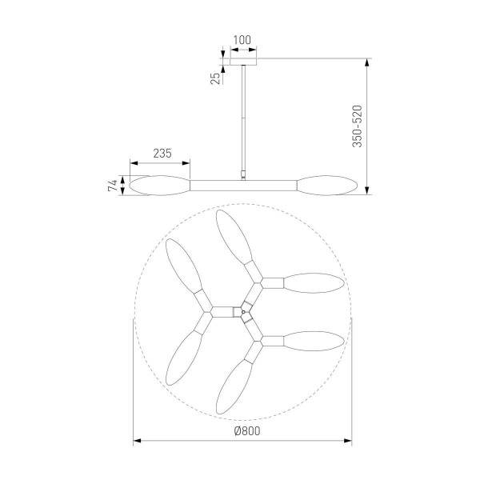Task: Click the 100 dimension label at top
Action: pyautogui.click(x=242, y=40)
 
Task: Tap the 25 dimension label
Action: pyautogui.click(x=215, y=78)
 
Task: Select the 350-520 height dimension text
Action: pyautogui.click(x=357, y=126)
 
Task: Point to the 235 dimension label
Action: pyautogui.click(x=162, y=153)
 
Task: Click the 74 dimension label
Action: pyautogui.click(x=113, y=186)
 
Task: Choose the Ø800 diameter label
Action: pyautogui.click(x=247, y=431)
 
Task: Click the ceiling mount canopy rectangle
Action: pyautogui.click(x=243, y=62)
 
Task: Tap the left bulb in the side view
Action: pyautogui.click(x=160, y=186)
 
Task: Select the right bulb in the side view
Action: pyautogui.click(x=327, y=186)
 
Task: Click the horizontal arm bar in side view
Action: pyautogui.click(x=243, y=186)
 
